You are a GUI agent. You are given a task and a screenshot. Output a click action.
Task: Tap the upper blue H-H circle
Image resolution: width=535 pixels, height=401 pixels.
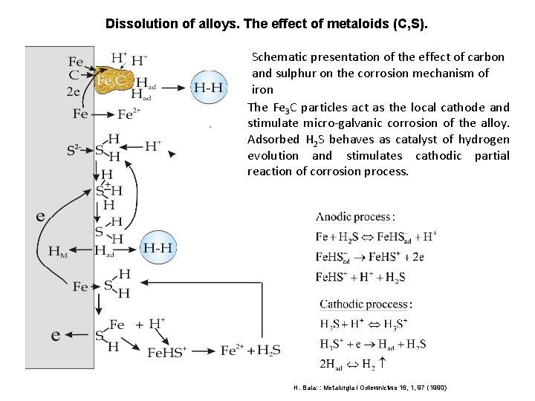coord(210,87)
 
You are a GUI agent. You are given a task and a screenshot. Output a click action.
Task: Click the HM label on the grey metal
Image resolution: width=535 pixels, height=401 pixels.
coord(58,251)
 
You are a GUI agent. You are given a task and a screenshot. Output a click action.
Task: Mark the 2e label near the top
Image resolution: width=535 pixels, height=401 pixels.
coord(75,93)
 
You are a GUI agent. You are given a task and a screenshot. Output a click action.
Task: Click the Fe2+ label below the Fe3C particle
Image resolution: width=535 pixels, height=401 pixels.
coord(129,114)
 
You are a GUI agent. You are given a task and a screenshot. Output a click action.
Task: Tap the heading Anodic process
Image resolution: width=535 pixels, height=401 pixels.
coord(355,217)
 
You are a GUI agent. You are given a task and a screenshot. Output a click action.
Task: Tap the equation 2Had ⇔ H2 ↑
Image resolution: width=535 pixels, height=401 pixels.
coord(354,365)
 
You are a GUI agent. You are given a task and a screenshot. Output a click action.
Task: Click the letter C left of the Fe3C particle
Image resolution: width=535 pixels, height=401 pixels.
coord(74,75)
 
